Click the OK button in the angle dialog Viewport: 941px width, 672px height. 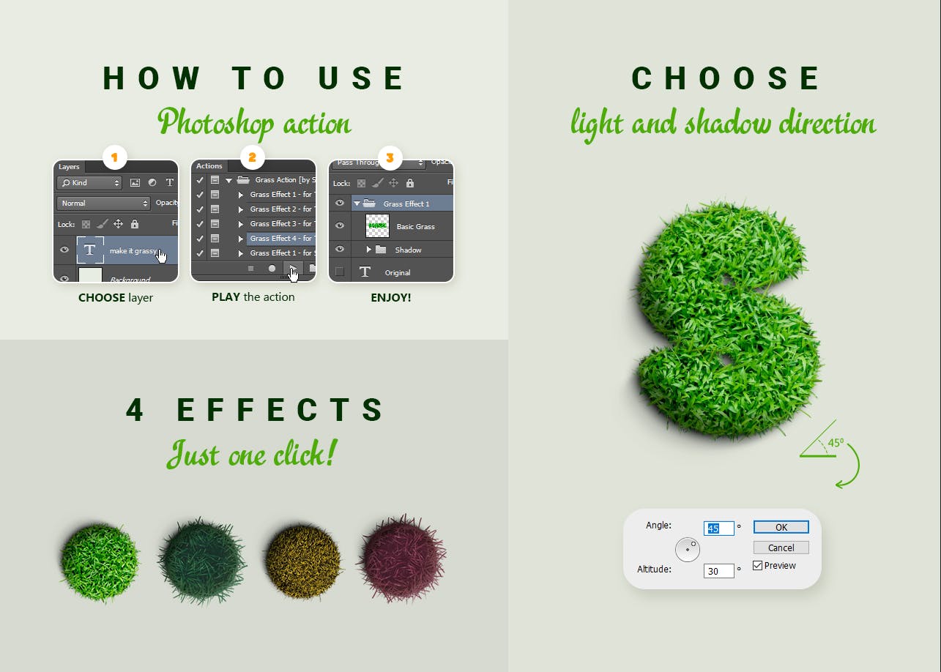pos(781,527)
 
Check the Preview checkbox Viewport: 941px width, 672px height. pos(758,566)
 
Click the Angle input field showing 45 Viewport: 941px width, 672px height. pos(718,529)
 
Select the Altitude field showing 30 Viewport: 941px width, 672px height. pos(718,571)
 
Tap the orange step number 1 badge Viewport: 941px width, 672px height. pos(114,157)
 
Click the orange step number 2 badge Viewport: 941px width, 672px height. pos(252,157)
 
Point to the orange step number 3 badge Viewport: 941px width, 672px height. pos(390,157)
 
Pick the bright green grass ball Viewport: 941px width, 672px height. pos(99,560)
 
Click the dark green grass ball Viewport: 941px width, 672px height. pos(203,560)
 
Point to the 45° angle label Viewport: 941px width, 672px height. pos(836,444)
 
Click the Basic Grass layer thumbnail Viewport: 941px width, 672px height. pos(377,226)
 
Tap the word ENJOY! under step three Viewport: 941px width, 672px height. pos(391,298)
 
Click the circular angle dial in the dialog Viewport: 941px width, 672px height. pos(688,549)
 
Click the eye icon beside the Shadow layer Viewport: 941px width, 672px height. pos(339,250)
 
